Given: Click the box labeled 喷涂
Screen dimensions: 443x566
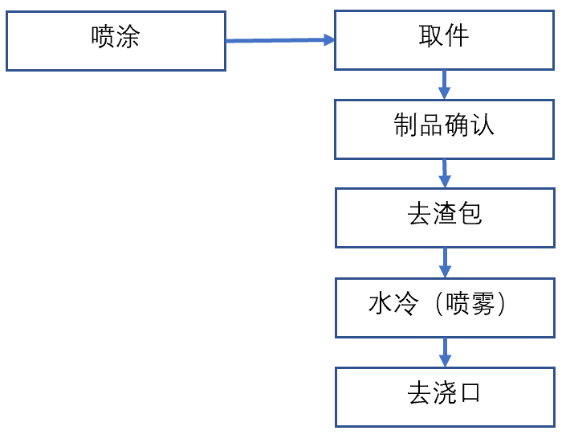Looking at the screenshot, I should point(116,40).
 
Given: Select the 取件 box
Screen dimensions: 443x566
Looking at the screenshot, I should point(444,40).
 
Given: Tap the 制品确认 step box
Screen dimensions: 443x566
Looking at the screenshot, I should point(444,129).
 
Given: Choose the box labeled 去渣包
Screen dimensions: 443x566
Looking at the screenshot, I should point(444,218).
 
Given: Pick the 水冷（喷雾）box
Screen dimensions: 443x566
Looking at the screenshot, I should point(444,308).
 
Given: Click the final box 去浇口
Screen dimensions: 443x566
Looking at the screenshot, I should point(444,397).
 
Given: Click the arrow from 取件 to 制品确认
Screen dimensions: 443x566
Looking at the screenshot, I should point(444,84).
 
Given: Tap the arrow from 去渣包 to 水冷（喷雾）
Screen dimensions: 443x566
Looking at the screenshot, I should point(445,263).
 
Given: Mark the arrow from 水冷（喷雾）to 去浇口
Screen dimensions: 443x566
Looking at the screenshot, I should point(445,352).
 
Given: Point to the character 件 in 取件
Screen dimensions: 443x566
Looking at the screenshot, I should point(457,35).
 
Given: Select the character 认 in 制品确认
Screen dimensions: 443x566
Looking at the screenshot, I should point(483,125).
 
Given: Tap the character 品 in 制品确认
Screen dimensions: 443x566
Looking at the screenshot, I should point(431,125).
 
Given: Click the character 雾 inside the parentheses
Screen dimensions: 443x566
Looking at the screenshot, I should point(482,305).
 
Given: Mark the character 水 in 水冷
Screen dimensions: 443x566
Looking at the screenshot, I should point(381,305).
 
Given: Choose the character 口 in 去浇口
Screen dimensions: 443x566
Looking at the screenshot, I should point(470,394).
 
